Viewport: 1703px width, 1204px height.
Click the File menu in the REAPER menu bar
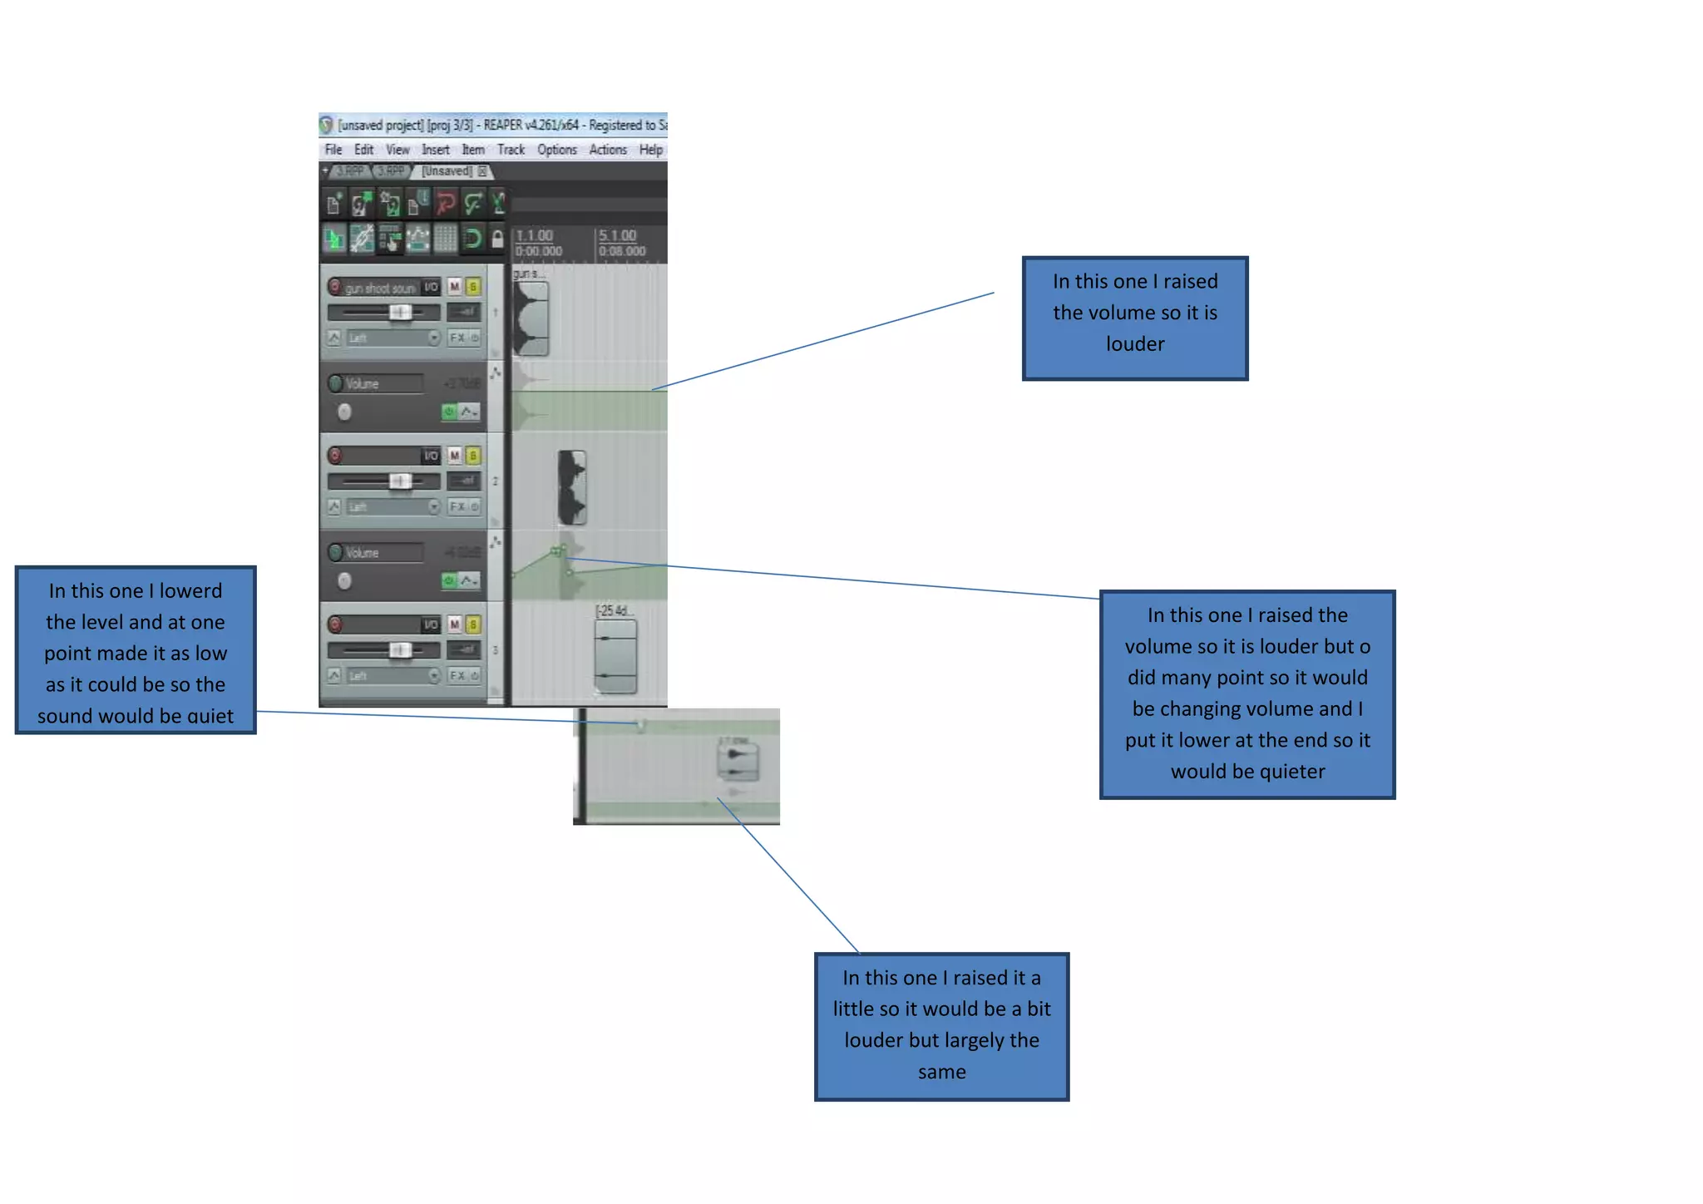[333, 150]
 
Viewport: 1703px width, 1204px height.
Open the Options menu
[556, 150]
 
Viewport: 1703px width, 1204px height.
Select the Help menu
[651, 150]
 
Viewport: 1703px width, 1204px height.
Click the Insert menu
[435, 150]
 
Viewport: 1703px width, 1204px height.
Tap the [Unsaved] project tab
[447, 171]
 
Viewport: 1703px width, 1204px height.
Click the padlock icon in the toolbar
[497, 239]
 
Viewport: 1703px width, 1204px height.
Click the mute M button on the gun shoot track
[455, 287]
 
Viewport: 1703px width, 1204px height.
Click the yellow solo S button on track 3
[473, 624]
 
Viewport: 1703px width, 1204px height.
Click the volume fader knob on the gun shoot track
[400, 312]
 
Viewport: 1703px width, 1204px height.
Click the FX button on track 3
[457, 675]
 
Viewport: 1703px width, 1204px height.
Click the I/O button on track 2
[431, 456]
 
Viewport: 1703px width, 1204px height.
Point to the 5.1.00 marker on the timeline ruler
[617, 236]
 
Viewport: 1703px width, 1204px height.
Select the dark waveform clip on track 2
[572, 487]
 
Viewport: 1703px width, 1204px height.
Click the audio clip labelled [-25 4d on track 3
[616, 656]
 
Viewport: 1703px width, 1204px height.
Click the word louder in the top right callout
[1135, 344]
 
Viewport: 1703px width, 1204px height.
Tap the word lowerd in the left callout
[190, 591]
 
